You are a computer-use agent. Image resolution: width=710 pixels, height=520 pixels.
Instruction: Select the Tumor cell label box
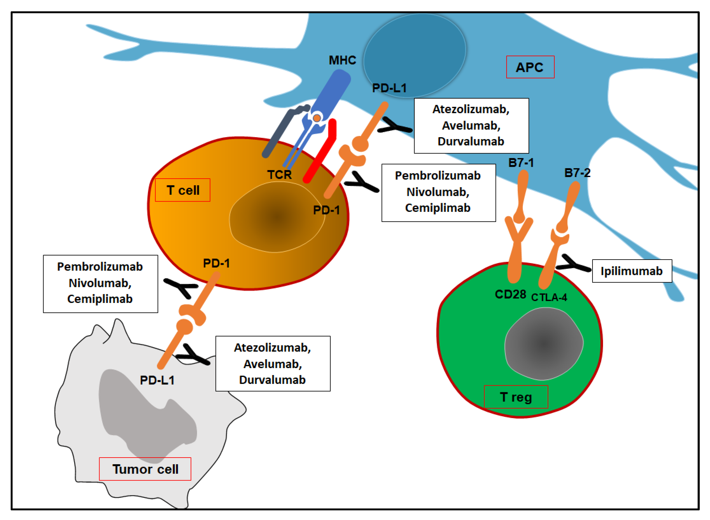[x=145, y=469]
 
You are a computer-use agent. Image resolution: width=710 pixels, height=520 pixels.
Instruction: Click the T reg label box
[x=516, y=397]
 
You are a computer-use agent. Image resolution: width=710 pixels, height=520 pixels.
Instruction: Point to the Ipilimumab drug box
[x=632, y=271]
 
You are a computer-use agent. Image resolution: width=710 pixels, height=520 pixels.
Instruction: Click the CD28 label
[x=510, y=294]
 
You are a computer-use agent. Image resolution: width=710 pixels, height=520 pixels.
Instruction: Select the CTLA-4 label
[x=549, y=297]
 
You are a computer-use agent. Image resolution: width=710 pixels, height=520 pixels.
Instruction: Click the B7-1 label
[x=521, y=163]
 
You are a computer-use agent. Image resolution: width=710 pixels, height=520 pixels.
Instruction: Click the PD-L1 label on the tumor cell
[x=157, y=380]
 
